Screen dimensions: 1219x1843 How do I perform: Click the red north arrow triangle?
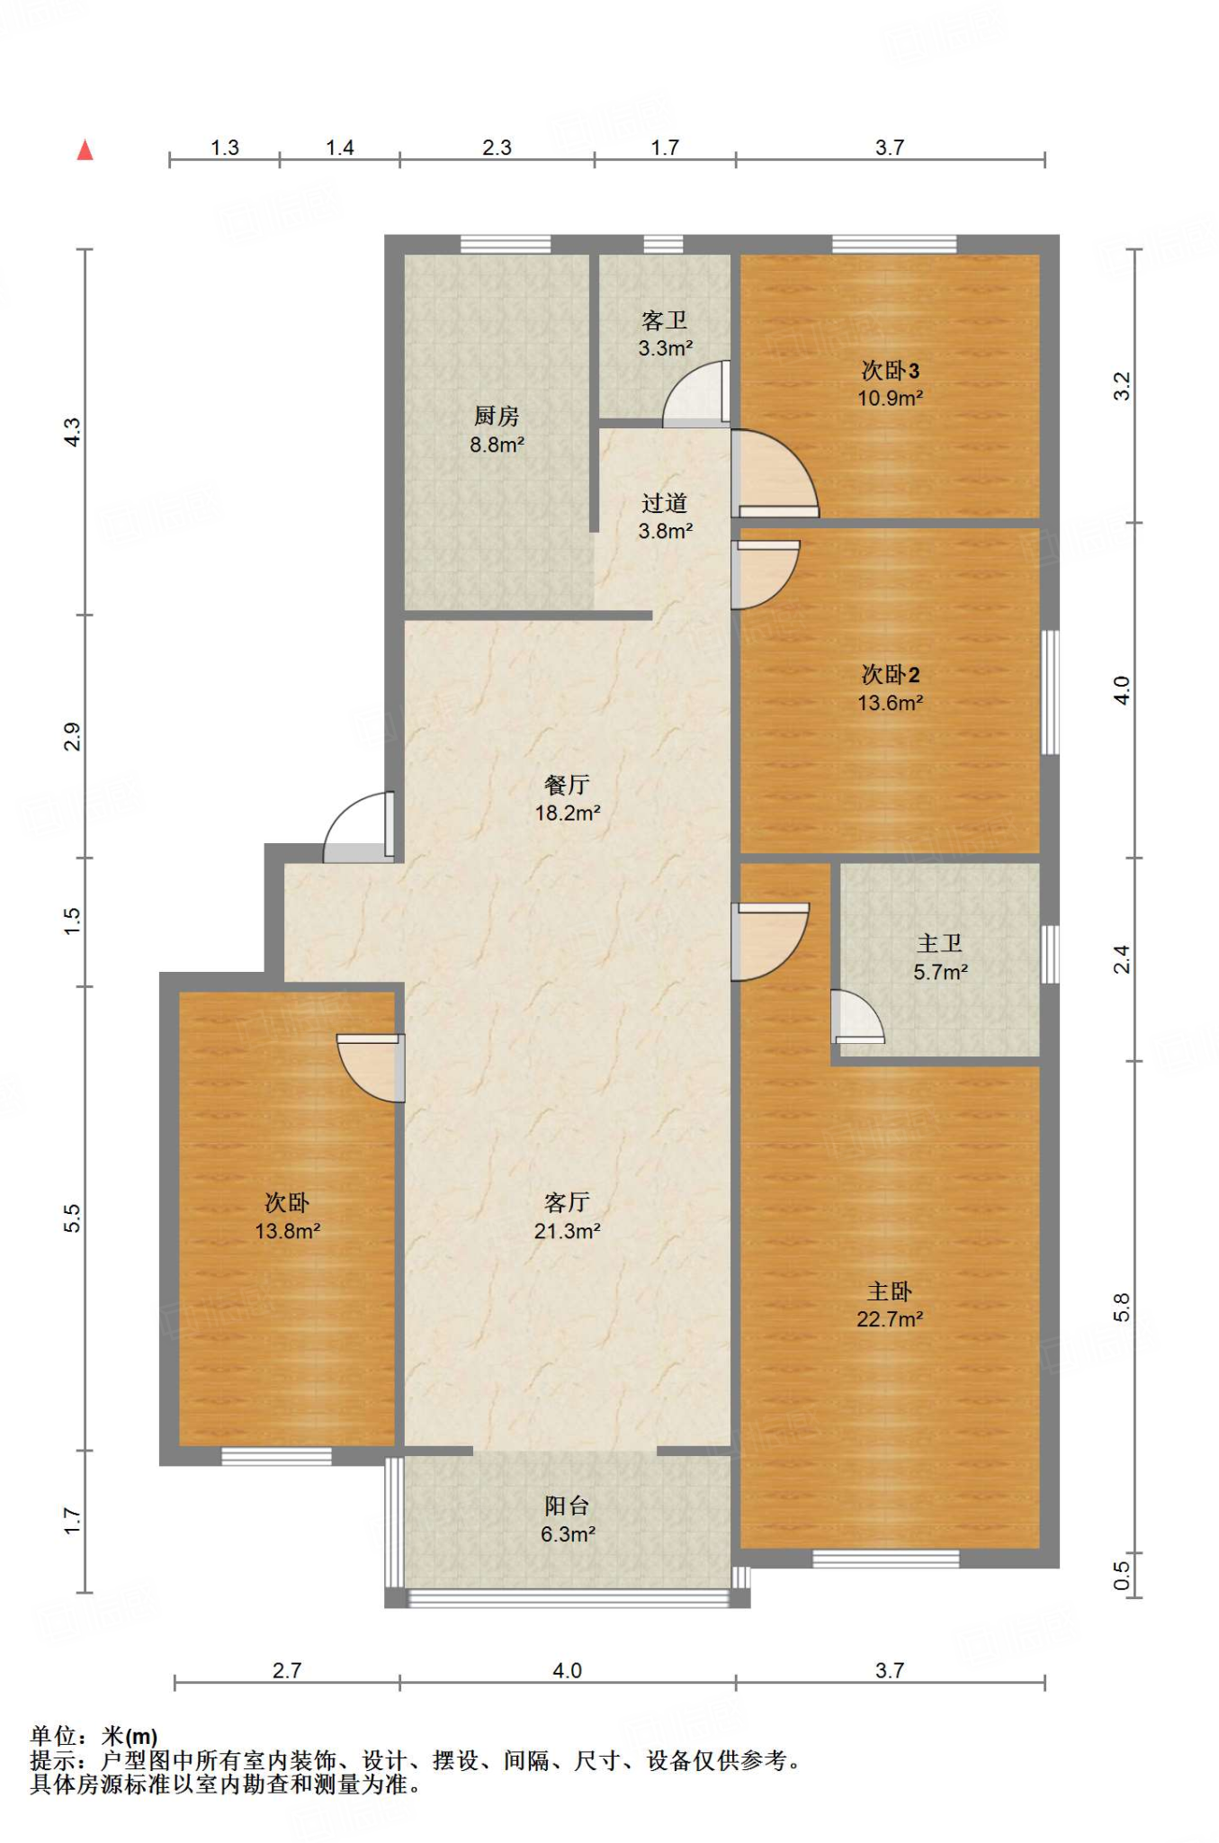coord(85,149)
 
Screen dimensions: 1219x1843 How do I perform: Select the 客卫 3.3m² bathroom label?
coord(665,334)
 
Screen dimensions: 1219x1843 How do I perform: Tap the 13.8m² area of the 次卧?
coord(288,1231)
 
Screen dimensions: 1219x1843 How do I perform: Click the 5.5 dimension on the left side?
coord(72,1218)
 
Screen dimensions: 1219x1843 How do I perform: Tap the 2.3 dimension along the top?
coord(497,148)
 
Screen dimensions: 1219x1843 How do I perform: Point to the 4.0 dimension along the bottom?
coord(567,1670)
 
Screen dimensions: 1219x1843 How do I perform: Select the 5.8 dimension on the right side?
coord(1121,1307)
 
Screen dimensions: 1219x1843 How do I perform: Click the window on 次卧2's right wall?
coord(1050,691)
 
